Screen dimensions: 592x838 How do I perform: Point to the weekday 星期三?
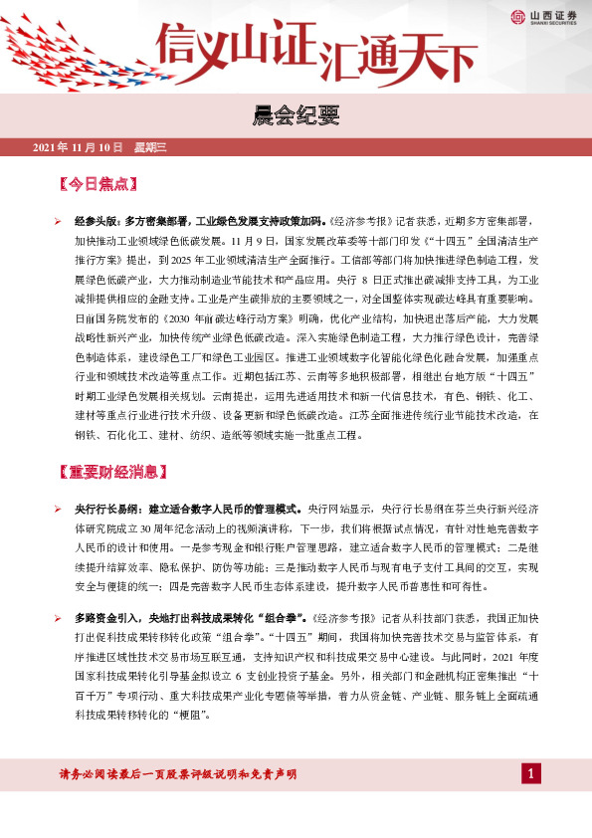tap(151, 147)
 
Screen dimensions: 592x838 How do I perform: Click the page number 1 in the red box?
tap(531, 774)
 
